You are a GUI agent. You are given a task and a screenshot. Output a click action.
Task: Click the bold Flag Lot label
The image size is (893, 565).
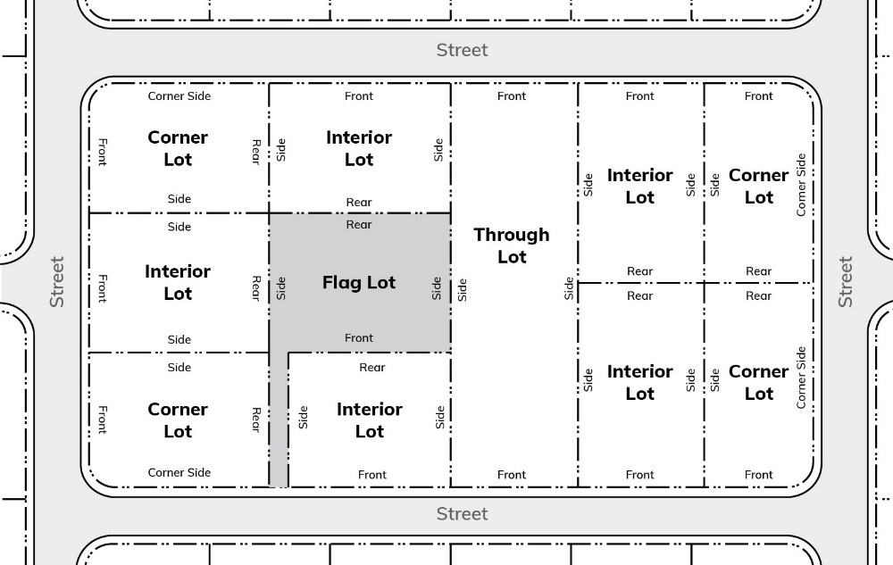[x=359, y=283]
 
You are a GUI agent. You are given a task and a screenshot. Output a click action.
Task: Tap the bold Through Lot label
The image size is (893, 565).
[x=512, y=245]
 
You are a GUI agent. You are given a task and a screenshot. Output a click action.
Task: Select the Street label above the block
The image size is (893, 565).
[x=462, y=50]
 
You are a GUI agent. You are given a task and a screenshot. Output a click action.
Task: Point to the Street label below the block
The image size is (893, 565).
[x=462, y=514]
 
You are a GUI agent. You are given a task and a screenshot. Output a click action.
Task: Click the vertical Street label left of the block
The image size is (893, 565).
[x=57, y=282]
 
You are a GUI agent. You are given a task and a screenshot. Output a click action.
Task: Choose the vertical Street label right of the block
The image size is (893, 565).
[x=845, y=282]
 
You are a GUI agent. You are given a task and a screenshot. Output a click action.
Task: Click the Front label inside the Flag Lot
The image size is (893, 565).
[x=359, y=338]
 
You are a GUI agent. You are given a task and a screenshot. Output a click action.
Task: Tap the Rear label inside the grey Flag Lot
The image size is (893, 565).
[x=359, y=225]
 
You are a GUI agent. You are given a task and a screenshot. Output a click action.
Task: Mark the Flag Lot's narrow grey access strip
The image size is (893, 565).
[x=279, y=420]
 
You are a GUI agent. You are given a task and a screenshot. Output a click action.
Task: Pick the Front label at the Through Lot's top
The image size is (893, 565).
[x=512, y=96]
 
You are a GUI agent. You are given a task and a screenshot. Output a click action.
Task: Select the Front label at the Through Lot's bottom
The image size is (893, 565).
[x=512, y=475]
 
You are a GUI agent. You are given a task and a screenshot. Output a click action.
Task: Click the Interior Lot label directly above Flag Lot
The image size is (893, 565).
[x=359, y=148]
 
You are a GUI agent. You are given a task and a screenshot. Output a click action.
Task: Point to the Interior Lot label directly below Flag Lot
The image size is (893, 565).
[x=370, y=420]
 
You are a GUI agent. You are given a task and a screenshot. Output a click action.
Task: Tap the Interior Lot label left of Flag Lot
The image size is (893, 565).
[x=178, y=282]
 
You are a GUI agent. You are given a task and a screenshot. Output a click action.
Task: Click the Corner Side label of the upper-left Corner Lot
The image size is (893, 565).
[x=179, y=96]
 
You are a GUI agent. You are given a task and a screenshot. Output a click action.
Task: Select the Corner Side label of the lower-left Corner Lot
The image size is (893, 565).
[x=179, y=473]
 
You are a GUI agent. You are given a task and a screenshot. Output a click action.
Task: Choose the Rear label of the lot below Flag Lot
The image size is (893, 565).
[x=372, y=368]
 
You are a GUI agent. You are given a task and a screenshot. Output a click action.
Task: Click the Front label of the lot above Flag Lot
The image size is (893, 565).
[x=359, y=96]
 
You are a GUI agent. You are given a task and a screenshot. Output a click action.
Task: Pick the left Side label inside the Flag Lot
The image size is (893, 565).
[x=281, y=287]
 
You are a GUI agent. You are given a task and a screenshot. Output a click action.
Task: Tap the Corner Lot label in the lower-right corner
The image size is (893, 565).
[x=759, y=383]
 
